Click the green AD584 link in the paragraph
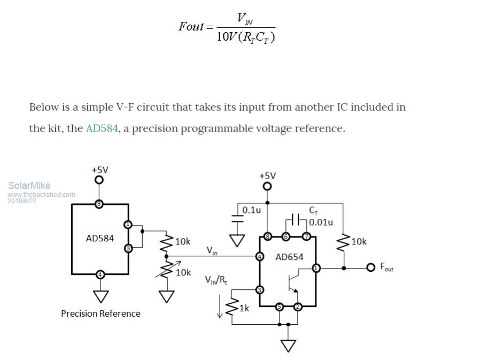click(102, 129)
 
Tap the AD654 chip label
click(289, 257)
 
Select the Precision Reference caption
click(100, 313)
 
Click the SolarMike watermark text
click(29, 186)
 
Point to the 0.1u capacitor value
click(251, 210)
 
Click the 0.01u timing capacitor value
click(321, 222)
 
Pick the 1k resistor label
click(244, 308)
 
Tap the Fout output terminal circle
click(370, 267)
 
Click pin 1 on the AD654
click(316, 267)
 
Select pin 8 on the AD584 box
click(99, 204)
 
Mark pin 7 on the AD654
click(306, 236)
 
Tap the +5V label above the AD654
click(267, 175)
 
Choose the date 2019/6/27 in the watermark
click(22, 201)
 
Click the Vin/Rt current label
click(215, 280)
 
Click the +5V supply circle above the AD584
click(99, 180)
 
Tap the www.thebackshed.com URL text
click(41, 195)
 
